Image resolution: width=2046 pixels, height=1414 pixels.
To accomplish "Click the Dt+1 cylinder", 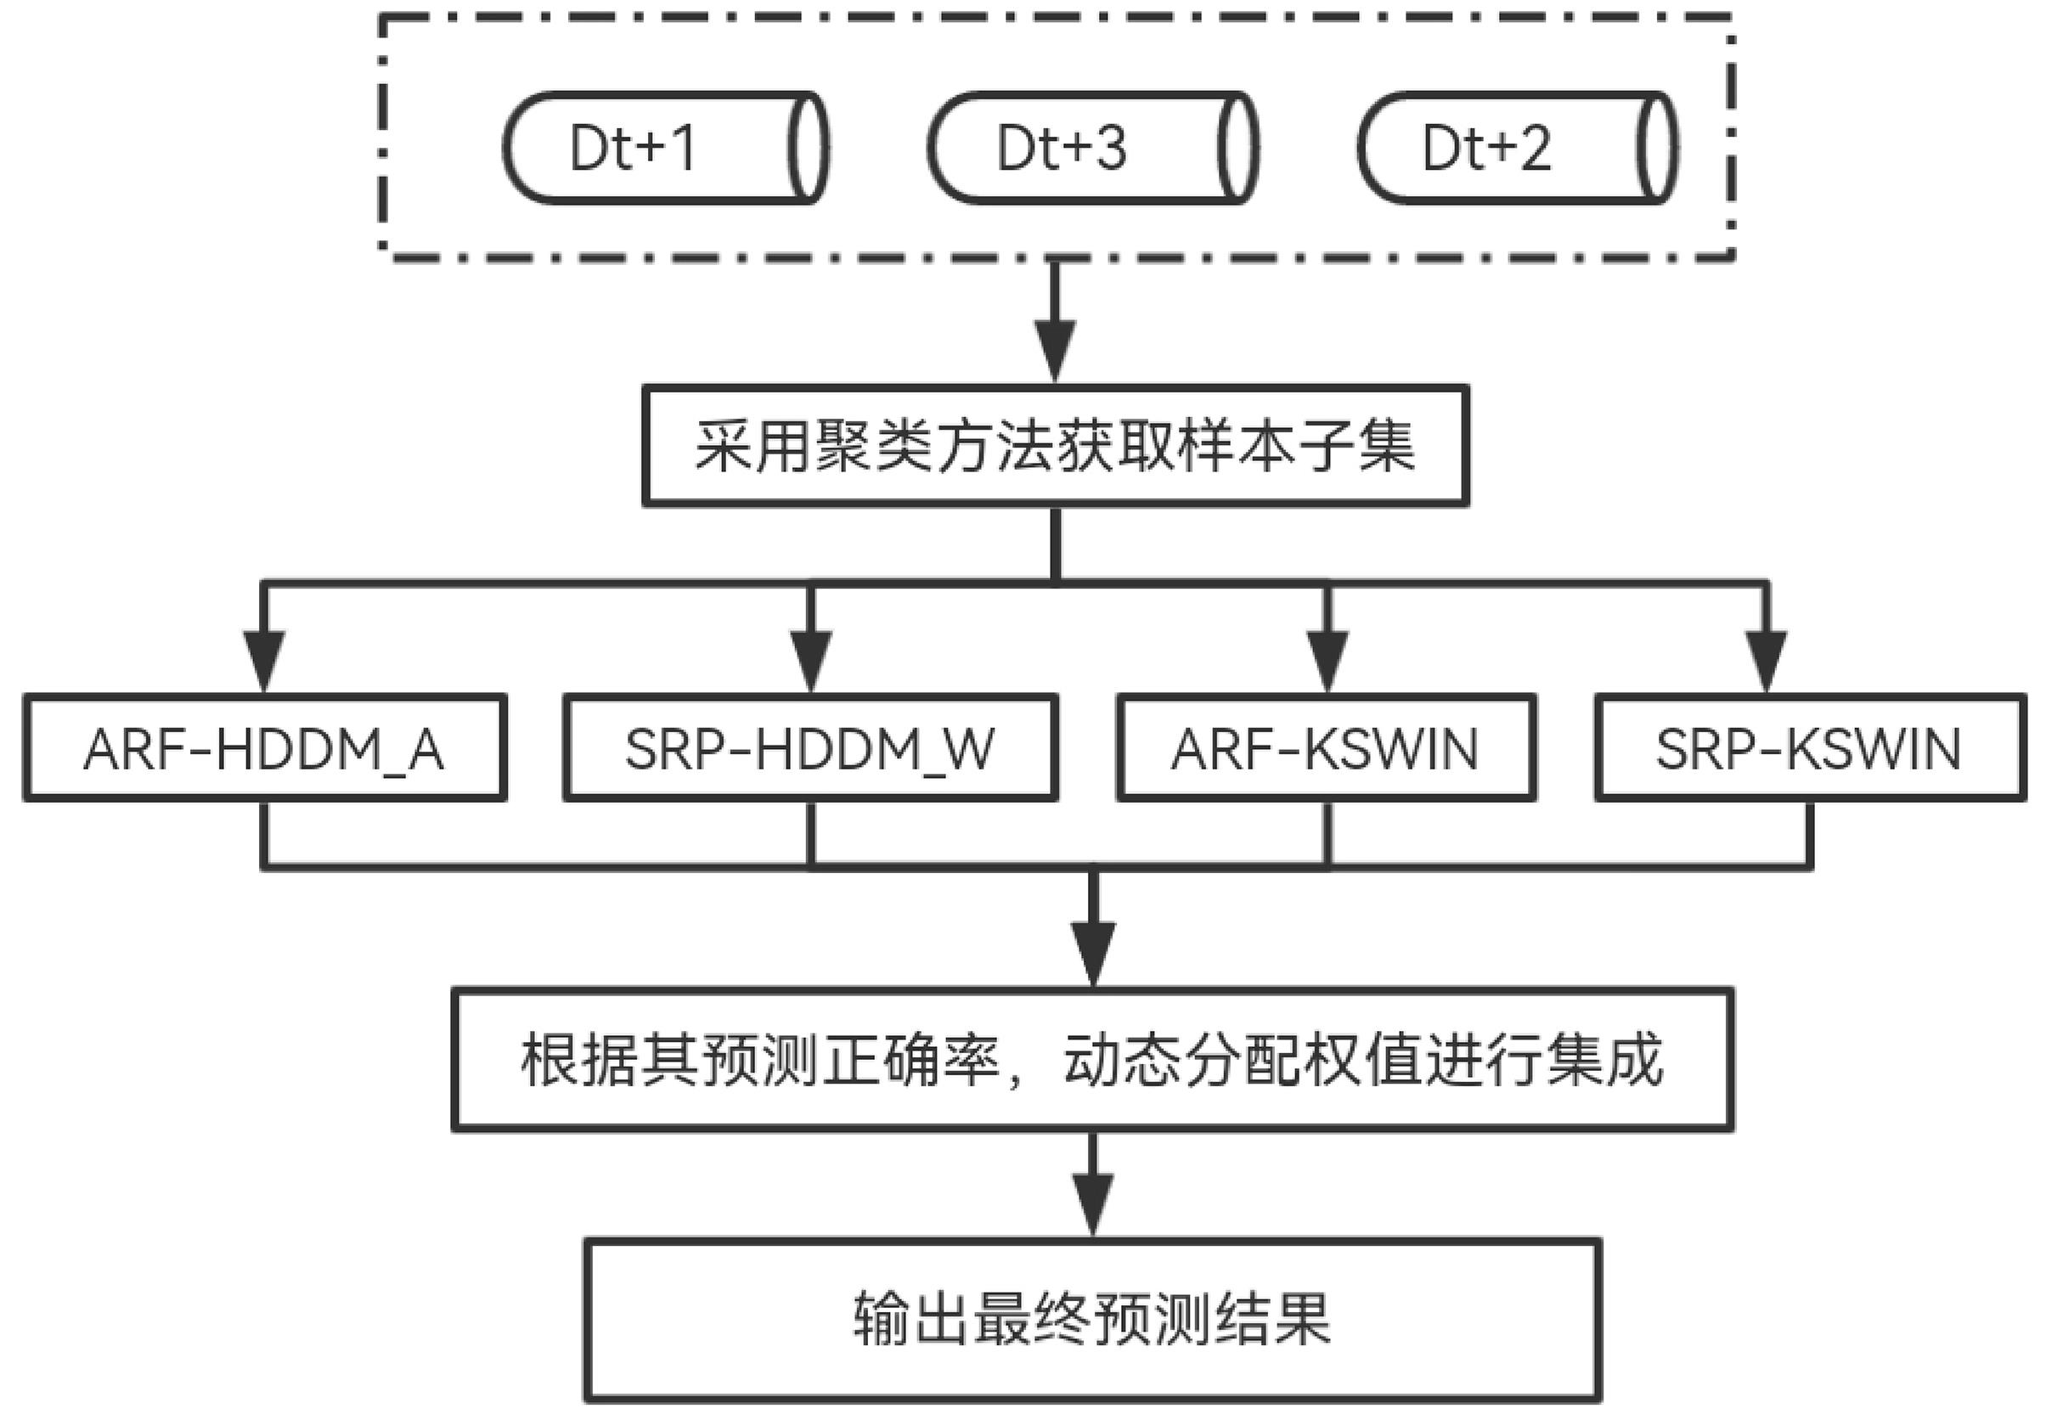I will (x=664, y=148).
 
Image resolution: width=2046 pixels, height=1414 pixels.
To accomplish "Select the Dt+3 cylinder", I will (x=1091, y=148).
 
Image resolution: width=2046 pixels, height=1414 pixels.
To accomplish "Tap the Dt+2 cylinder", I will (x=1517, y=148).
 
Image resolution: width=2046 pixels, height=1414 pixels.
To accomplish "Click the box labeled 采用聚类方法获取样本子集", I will (x=1055, y=446).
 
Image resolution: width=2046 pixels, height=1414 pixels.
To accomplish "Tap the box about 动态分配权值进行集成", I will (x=1091, y=1060).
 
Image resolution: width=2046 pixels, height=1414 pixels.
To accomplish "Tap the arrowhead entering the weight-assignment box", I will (x=1092, y=954).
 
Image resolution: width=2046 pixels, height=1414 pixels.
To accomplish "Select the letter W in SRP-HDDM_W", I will (x=970, y=749).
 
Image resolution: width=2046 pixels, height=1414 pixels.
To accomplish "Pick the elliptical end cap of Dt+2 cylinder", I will (x=1655, y=148).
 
